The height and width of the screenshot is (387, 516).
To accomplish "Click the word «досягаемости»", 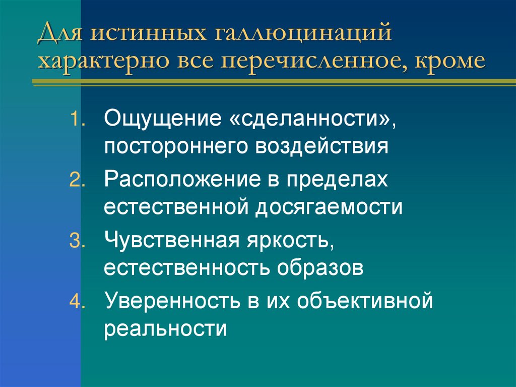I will click(x=325, y=207).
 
